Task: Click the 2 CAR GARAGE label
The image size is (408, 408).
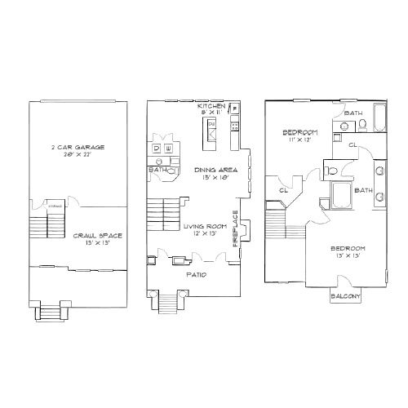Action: tap(77, 148)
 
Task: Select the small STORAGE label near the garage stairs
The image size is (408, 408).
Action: tap(55, 206)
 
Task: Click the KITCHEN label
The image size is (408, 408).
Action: tap(211, 107)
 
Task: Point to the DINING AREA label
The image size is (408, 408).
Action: tap(216, 171)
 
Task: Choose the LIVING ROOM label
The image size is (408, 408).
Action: tap(206, 226)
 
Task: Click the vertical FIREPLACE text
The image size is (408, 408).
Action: tap(237, 229)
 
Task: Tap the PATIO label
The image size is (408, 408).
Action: tap(196, 275)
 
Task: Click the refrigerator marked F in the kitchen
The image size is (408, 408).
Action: tap(235, 109)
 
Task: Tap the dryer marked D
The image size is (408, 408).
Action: tap(157, 148)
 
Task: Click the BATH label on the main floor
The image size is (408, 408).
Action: tap(157, 170)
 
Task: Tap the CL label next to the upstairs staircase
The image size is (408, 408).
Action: tap(283, 191)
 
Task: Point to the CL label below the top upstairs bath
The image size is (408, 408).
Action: tap(353, 145)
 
